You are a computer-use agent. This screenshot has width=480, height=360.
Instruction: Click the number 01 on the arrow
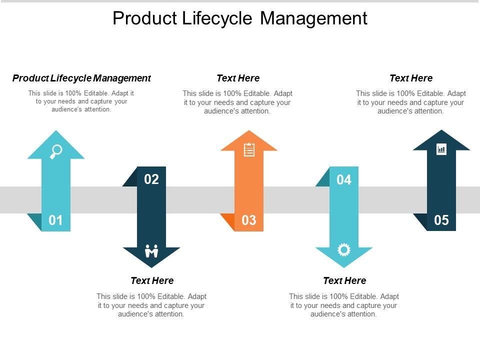pyautogui.click(x=55, y=220)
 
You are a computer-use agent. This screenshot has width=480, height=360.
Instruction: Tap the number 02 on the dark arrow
pyautogui.click(x=151, y=179)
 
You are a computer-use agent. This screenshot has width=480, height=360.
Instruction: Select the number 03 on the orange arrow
pyautogui.click(x=249, y=220)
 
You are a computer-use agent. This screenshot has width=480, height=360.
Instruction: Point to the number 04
pyautogui.click(x=344, y=179)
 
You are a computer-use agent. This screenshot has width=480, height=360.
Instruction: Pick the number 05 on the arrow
pyautogui.click(x=441, y=220)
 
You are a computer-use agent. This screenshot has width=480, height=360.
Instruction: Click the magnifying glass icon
pyautogui.click(x=56, y=151)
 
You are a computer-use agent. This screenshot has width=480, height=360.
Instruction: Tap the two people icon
pyautogui.click(x=151, y=250)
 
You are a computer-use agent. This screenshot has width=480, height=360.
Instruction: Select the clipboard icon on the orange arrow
pyautogui.click(x=249, y=149)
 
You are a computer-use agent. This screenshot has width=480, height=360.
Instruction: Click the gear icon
pyautogui.click(x=344, y=249)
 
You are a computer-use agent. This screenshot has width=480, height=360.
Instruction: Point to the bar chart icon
pyautogui.click(x=441, y=149)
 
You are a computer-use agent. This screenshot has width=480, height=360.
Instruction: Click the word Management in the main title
pyautogui.click(x=314, y=18)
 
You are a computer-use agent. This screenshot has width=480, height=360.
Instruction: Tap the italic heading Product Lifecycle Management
pyautogui.click(x=81, y=78)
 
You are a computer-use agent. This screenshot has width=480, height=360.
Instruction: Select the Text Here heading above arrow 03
pyautogui.click(x=238, y=78)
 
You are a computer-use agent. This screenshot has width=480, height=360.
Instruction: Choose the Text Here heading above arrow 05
pyautogui.click(x=411, y=78)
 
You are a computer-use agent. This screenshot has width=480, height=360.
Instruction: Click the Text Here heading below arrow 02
pyautogui.click(x=152, y=280)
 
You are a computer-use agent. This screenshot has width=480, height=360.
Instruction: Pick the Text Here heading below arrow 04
pyautogui.click(x=344, y=280)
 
